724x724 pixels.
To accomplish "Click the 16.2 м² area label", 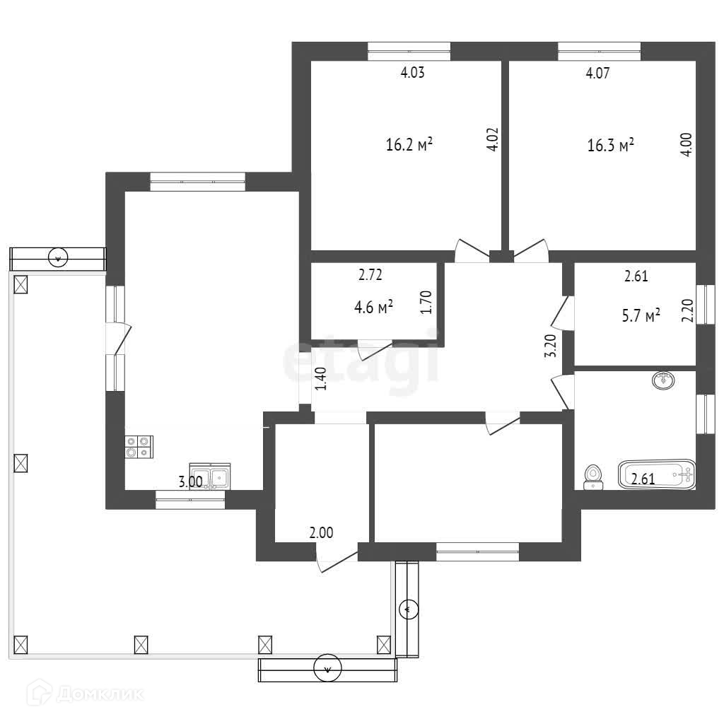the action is (x=409, y=144).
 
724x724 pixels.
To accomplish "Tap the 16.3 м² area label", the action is (x=610, y=145).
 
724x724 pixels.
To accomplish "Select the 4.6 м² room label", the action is (x=373, y=307).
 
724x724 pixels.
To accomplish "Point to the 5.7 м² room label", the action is (x=641, y=316).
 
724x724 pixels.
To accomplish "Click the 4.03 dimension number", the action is (x=412, y=73).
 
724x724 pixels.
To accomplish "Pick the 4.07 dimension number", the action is (x=597, y=73).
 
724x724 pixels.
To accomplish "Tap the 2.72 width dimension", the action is (x=370, y=275).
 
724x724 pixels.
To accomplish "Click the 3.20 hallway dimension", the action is (x=551, y=346).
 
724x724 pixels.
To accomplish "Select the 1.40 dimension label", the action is (x=320, y=379).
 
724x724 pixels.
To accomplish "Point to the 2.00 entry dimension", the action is (x=321, y=533).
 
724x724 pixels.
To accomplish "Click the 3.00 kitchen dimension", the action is (x=191, y=482).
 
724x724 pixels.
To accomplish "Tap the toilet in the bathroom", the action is (x=593, y=477).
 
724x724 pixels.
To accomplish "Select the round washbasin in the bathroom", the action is (x=663, y=380).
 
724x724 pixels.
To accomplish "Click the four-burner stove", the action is (x=139, y=447).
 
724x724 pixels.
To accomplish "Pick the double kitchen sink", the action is (x=210, y=477).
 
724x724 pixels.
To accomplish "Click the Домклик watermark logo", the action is (x=85, y=694).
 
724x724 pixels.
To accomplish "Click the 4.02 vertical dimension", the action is (x=493, y=139).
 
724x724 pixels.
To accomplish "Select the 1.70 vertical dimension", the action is (x=426, y=302).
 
